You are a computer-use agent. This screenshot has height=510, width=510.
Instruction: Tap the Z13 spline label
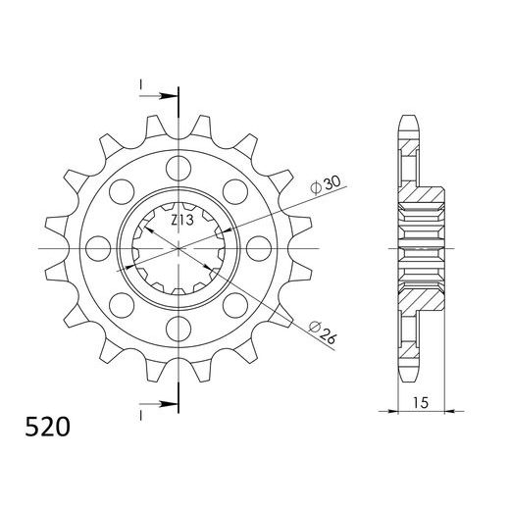coord(181,221)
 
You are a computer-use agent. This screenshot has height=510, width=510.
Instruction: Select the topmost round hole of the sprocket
coord(179,164)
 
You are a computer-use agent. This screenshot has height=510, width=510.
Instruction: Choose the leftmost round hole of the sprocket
coord(98,245)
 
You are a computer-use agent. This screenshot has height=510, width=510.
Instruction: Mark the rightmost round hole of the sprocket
coord(261,245)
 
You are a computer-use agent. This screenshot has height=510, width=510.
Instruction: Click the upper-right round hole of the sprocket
coord(236,188)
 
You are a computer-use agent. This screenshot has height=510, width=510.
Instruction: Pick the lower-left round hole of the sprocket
coord(123,303)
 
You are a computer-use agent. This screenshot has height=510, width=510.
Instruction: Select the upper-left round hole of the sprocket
coord(123,188)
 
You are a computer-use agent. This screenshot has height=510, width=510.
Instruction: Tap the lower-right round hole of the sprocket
coord(236,303)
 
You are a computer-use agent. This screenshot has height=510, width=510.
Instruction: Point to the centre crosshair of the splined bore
coord(179,246)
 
